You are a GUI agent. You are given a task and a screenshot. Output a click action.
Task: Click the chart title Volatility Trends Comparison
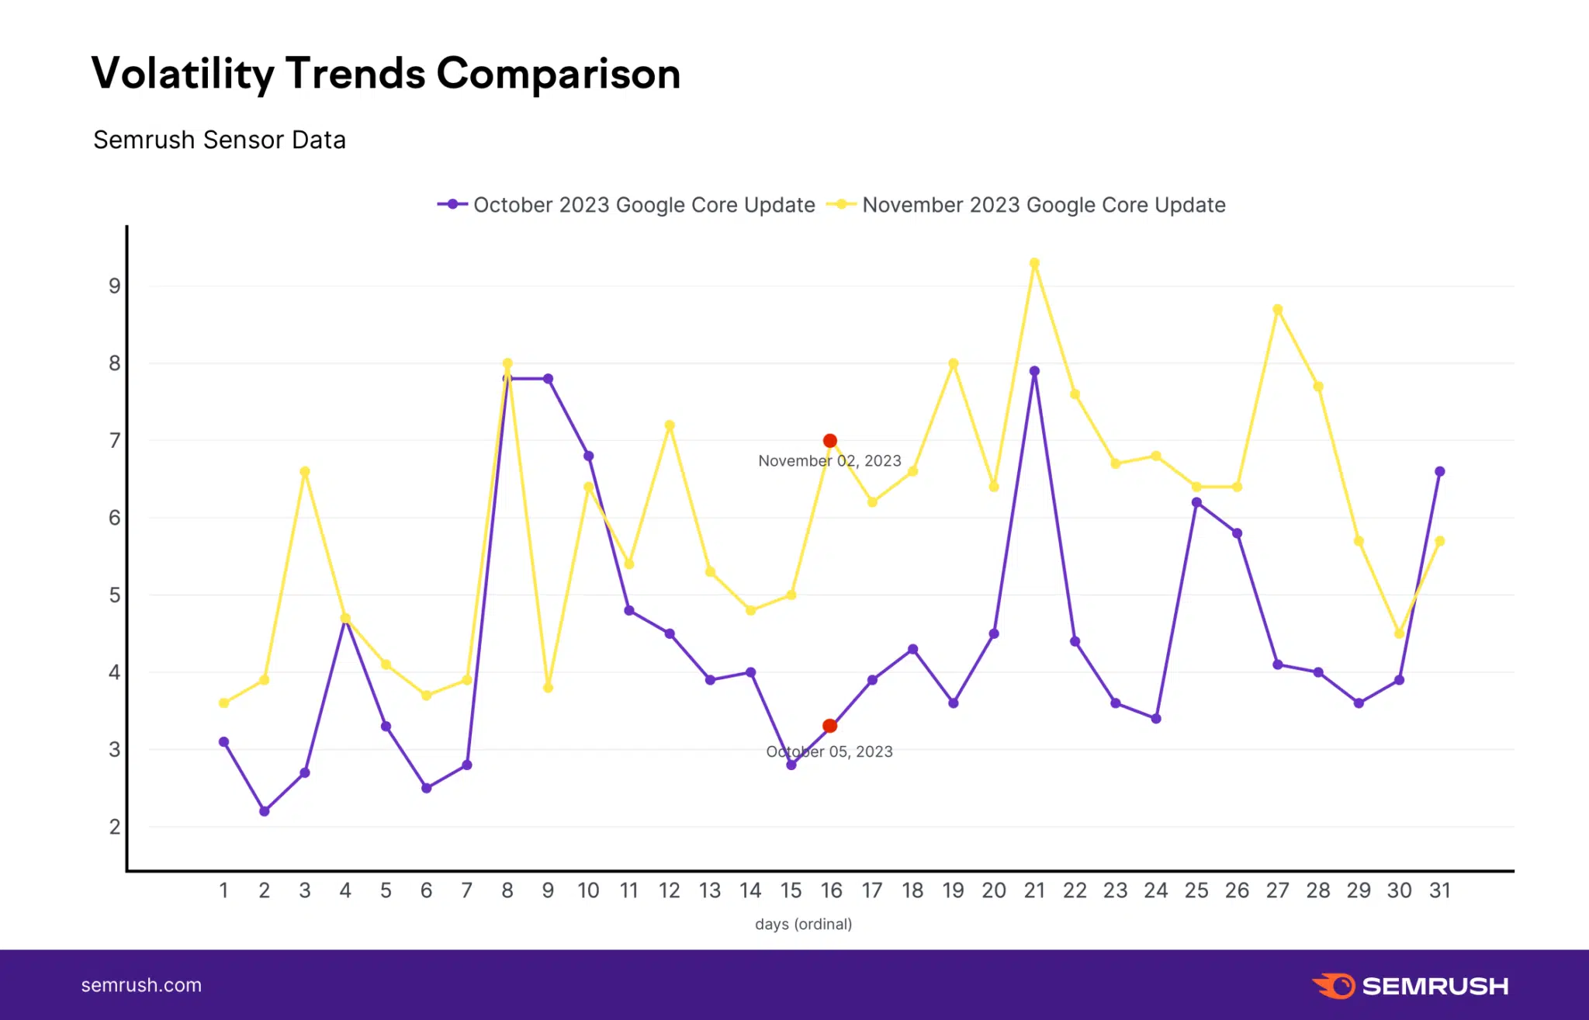pos(386,74)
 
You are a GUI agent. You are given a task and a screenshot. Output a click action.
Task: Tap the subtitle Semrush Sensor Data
pos(220,140)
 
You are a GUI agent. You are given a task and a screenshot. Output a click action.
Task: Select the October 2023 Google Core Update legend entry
pos(627,205)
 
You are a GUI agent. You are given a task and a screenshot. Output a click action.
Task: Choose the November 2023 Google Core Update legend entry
pos(1026,205)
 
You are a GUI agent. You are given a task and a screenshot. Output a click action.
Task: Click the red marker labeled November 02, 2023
pos(829,441)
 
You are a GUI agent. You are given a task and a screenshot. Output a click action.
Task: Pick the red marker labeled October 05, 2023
pos(829,726)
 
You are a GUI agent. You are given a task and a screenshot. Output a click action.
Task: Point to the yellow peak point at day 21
pos(1034,264)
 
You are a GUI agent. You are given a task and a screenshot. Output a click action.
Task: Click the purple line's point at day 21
pos(1034,371)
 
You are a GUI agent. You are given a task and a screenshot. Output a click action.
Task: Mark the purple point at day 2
pos(265,811)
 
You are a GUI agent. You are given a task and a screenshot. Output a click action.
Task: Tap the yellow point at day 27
pos(1278,310)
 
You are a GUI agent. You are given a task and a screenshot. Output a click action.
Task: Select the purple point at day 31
pos(1440,471)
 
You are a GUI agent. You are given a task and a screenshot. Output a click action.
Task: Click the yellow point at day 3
pos(305,471)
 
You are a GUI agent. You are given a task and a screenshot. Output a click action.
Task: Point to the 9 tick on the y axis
pos(115,286)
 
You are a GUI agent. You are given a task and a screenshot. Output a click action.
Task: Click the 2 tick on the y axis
pos(115,827)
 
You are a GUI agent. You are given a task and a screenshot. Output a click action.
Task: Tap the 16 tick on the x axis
pos(831,890)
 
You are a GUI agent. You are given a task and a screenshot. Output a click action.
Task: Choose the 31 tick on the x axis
pos(1440,890)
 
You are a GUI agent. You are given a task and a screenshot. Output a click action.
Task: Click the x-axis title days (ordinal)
pos(803,924)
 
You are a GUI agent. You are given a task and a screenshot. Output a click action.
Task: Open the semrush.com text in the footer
pos(141,985)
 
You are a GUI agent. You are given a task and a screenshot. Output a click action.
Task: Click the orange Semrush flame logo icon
pos(1334,986)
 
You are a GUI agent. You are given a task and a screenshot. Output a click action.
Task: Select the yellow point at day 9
pos(548,688)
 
